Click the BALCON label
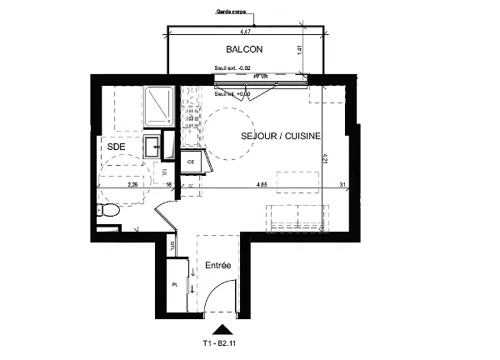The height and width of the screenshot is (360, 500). [x=244, y=50]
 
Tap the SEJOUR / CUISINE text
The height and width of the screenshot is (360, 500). [x=281, y=135]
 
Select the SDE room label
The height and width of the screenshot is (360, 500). [x=116, y=145]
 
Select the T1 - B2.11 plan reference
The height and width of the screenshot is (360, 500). [x=221, y=342]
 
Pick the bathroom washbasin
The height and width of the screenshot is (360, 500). [x=152, y=148]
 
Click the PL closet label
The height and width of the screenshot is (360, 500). [x=175, y=284]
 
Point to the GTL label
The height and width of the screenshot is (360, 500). [x=172, y=245]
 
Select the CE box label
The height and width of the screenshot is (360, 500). [x=191, y=162]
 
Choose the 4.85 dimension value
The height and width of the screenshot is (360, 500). [x=262, y=185]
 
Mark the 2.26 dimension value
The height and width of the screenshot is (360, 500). [x=132, y=185]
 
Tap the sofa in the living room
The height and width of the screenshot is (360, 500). [x=297, y=217]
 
